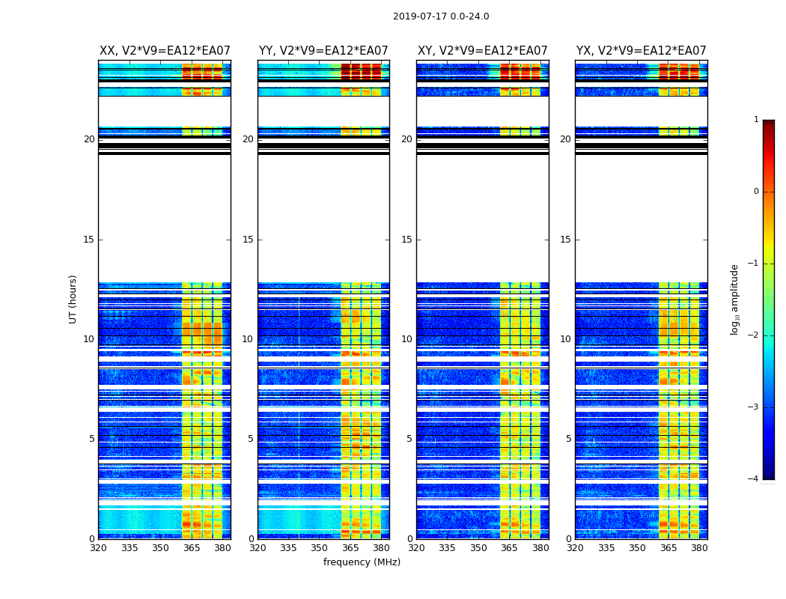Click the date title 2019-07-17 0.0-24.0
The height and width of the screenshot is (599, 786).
click(x=441, y=16)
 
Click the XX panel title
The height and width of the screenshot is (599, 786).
click(x=165, y=51)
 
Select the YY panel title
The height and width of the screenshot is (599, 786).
click(x=323, y=51)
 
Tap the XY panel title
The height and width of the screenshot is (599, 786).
click(x=483, y=51)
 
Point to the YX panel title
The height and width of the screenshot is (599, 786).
click(x=642, y=51)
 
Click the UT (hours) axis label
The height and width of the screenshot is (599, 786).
click(x=73, y=299)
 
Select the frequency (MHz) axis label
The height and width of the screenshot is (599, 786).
click(x=362, y=562)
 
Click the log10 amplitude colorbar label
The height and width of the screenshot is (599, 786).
click(x=735, y=299)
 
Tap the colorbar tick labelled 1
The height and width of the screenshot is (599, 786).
click(x=756, y=120)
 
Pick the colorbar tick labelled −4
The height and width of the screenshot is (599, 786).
click(x=754, y=479)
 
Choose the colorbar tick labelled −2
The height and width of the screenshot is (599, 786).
click(x=754, y=335)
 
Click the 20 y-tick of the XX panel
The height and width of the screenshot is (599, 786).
click(x=89, y=139)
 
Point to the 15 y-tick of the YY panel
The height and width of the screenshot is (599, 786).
click(x=248, y=240)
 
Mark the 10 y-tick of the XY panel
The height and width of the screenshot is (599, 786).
click(x=406, y=339)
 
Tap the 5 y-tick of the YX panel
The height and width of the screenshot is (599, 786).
click(x=568, y=439)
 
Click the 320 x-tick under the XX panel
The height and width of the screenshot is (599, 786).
click(x=98, y=548)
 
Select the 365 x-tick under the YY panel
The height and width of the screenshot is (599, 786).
click(x=350, y=548)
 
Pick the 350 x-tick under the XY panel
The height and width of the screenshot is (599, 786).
click(x=478, y=548)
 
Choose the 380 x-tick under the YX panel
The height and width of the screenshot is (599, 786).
click(x=699, y=548)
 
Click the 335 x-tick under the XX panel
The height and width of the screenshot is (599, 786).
click(x=130, y=548)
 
